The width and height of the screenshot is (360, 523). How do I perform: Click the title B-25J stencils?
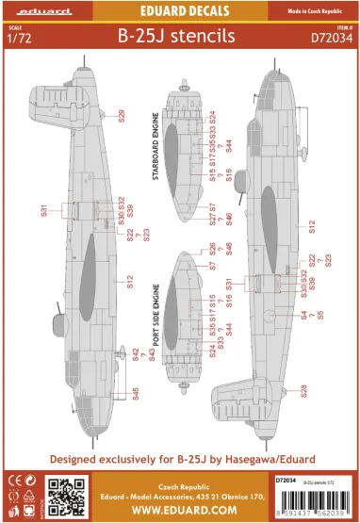tap(181, 41)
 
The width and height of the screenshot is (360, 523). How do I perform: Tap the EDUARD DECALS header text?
tap(179, 9)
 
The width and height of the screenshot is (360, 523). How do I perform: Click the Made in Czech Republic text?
tap(323, 9)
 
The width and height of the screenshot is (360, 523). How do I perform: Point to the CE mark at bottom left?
tap(14, 480)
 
